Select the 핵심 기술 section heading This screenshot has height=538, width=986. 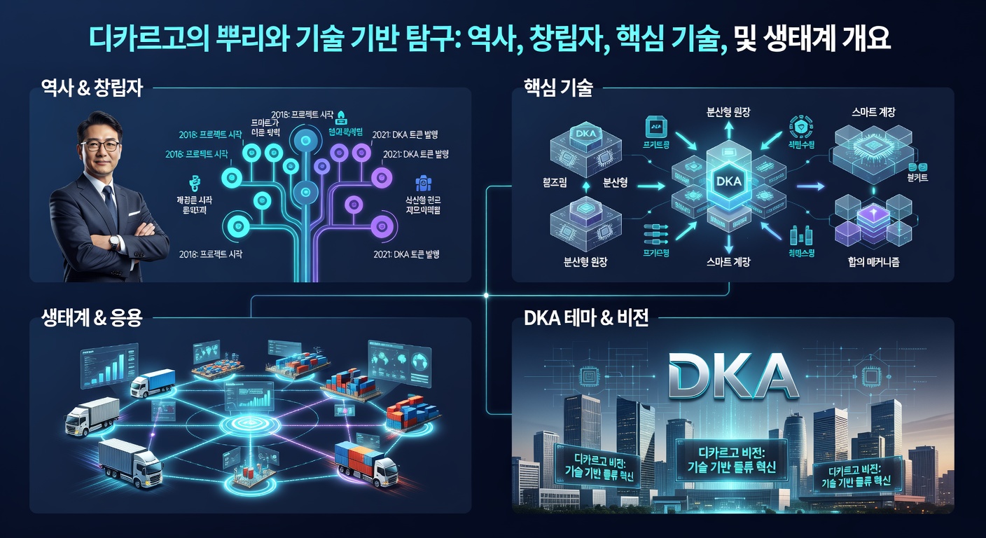[558, 89]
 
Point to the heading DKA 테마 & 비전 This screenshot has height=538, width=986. [586, 319]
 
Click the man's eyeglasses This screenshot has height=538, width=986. [99, 146]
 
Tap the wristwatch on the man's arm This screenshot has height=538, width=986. [114, 241]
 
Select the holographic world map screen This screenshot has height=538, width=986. [397, 359]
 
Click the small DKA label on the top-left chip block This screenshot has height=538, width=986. [583, 133]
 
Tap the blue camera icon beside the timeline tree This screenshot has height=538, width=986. [422, 184]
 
